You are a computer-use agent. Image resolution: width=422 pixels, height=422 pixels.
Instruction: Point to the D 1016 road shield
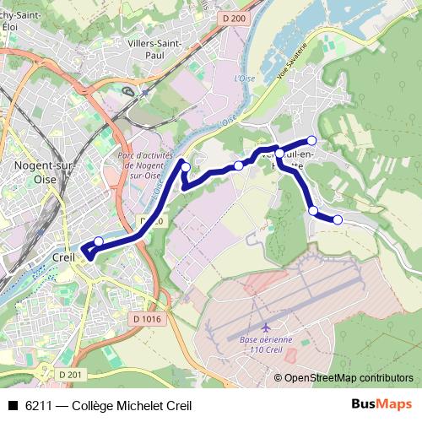point(146,318)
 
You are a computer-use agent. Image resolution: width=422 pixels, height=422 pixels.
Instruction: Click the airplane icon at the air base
point(268,327)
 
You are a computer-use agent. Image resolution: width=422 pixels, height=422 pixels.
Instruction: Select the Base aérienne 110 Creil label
point(267,345)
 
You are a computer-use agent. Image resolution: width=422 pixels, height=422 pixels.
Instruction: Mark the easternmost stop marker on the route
point(338,219)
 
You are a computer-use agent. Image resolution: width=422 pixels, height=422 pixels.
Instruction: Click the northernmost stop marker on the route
point(311,140)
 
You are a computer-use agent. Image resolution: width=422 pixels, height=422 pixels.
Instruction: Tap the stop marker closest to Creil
point(98,241)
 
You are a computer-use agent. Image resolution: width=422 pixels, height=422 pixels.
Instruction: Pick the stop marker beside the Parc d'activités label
point(187,167)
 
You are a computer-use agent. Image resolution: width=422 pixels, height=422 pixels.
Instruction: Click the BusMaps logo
point(381,404)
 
